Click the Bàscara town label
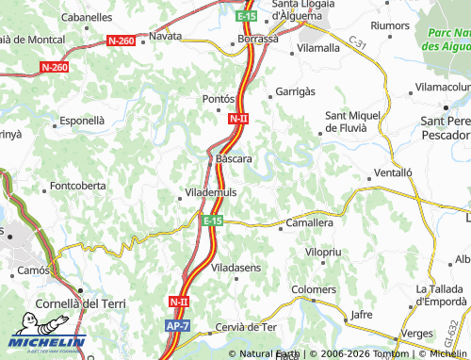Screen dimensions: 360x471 (234, 159)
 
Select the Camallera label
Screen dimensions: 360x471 (311, 223)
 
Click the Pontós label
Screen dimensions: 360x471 (218, 99)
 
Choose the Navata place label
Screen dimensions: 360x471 (166, 37)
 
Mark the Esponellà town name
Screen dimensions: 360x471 (82, 121)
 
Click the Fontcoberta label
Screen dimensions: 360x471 (78, 186)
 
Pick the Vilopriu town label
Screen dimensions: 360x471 (323, 254)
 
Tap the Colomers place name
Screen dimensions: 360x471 (314, 289)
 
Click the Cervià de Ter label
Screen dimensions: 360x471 (246, 326)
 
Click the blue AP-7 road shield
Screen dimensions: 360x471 (178, 325)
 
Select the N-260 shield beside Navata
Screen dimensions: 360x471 (122, 41)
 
